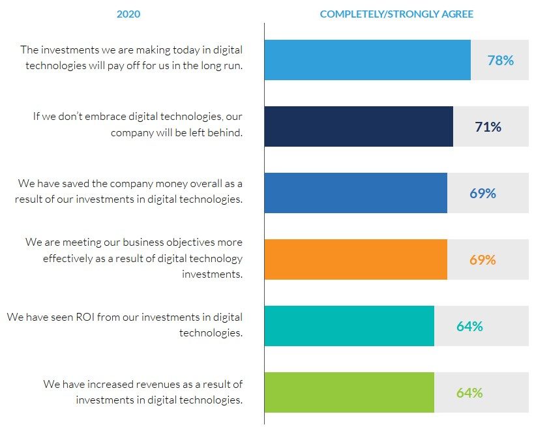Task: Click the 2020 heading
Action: [128, 14]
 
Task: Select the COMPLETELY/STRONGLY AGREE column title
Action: [396, 14]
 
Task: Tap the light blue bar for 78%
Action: [367, 60]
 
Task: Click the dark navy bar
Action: [359, 126]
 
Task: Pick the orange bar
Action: [355, 259]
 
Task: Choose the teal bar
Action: [349, 326]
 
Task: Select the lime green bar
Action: [349, 392]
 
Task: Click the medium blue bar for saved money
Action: [355, 193]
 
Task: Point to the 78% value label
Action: [500, 61]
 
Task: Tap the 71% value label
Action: [488, 127]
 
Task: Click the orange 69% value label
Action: [482, 260]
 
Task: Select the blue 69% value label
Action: [482, 194]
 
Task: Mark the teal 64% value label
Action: [469, 327]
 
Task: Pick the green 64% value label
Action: [469, 393]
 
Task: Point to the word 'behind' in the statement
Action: [226, 132]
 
